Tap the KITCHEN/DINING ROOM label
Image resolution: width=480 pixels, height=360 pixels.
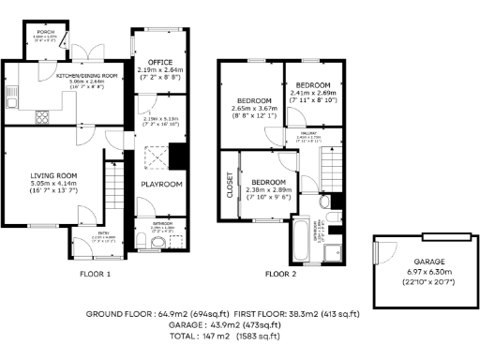coord(85,74)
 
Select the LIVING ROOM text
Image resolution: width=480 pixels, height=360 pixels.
coord(52,174)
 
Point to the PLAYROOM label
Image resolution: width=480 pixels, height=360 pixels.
coord(160,185)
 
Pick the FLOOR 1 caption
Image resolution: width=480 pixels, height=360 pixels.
coord(95,275)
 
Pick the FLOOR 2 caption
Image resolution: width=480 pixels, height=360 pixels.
coord(279,275)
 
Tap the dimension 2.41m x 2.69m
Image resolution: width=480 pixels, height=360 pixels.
coord(310,94)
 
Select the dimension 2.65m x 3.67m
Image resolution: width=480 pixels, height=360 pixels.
coord(253,109)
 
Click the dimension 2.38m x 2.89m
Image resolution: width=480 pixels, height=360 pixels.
coord(267,189)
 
